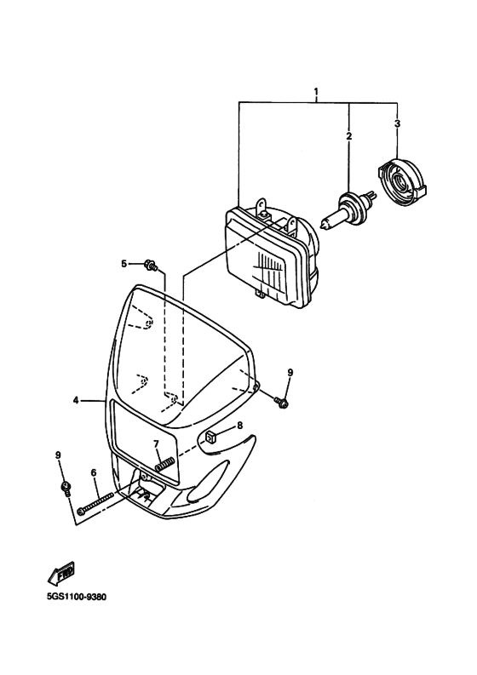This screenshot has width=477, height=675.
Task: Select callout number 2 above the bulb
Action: (x=348, y=136)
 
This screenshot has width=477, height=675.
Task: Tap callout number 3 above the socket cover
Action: (x=397, y=124)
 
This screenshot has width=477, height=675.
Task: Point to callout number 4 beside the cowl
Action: (x=76, y=399)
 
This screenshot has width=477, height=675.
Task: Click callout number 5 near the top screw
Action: (x=124, y=264)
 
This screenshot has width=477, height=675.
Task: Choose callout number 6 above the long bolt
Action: (x=94, y=472)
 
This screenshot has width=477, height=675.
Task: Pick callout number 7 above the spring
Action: (x=156, y=443)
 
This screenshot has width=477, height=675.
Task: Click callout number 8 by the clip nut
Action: (x=239, y=425)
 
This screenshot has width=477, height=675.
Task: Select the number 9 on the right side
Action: (x=290, y=373)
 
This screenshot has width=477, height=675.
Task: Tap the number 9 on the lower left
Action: (x=59, y=456)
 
